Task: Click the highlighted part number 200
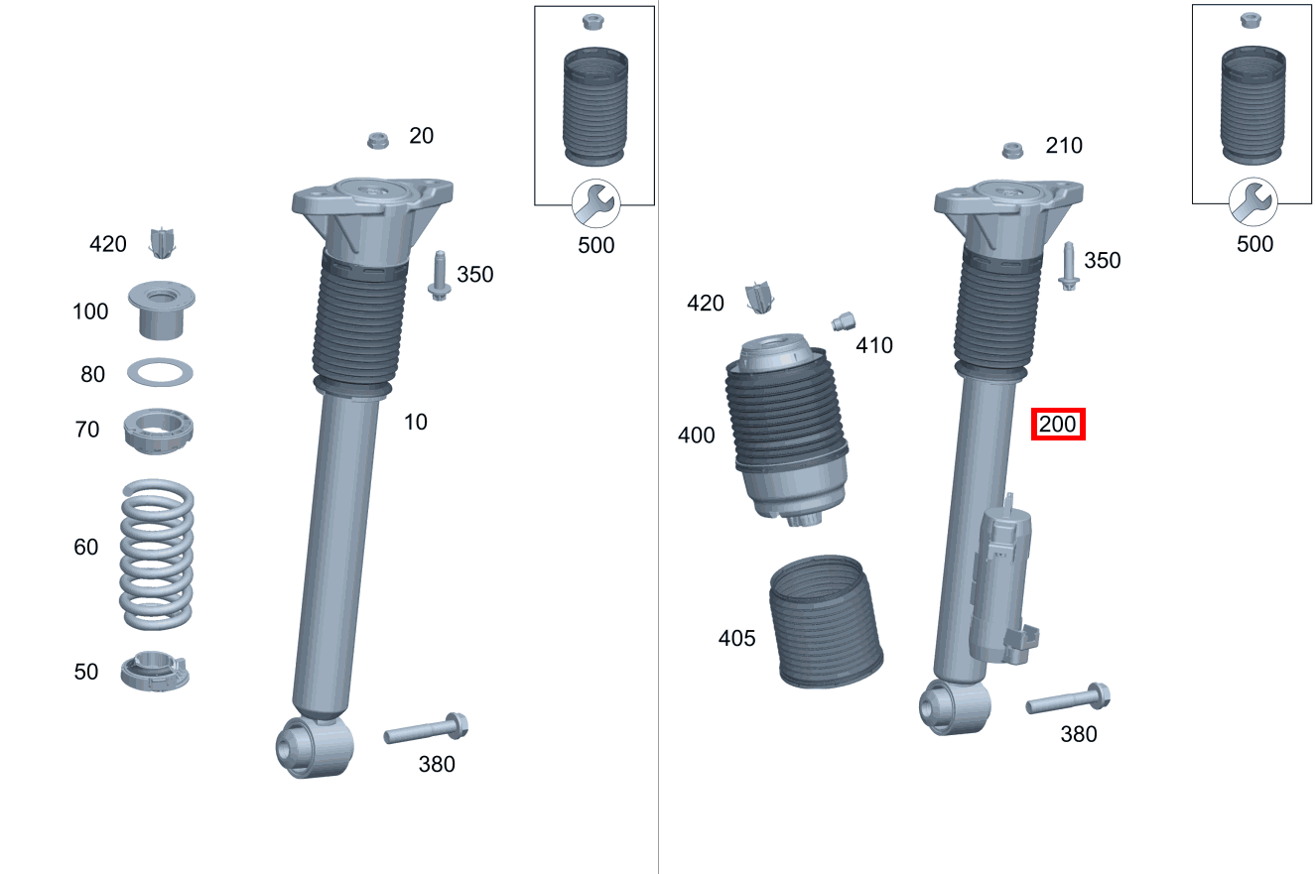pyautogui.click(x=1058, y=426)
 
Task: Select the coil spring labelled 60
pyautogui.click(x=157, y=556)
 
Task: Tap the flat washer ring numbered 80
pyautogui.click(x=160, y=373)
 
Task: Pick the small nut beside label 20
pyautogui.click(x=378, y=140)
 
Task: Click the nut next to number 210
pyautogui.click(x=1012, y=151)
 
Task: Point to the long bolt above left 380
pyautogui.click(x=426, y=731)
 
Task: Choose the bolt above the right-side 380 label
pyautogui.click(x=1068, y=700)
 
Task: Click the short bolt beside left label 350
pyautogui.click(x=439, y=275)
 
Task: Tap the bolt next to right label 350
pyautogui.click(x=1069, y=266)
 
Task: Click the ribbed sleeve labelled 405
pyautogui.click(x=825, y=623)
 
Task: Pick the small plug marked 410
pyautogui.click(x=843, y=320)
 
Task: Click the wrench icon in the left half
pyautogui.click(x=595, y=204)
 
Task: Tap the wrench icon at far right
pyautogui.click(x=1252, y=202)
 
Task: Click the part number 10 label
pyautogui.click(x=415, y=422)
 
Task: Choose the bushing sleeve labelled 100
pyautogui.click(x=161, y=309)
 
